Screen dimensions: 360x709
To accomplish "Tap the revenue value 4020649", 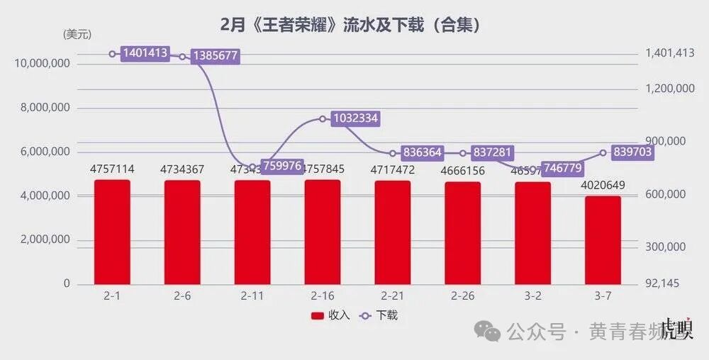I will point(603,186).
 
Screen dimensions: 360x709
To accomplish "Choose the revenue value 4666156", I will point(463,171).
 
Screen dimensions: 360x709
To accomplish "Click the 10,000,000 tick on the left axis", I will point(42,64).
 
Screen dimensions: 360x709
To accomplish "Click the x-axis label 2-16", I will point(323,296).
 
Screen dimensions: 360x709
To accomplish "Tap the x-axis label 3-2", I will point(533,296).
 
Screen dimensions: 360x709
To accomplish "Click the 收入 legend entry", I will point(330,315).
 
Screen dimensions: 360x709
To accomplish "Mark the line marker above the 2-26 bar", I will point(463,153).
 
